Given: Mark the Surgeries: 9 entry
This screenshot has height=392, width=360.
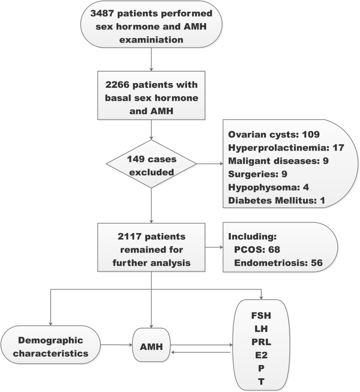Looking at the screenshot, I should tap(258, 172).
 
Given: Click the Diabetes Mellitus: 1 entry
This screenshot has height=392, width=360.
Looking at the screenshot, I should tap(274, 196).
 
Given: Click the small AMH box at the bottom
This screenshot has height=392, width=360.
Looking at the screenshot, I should tap(151, 348).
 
